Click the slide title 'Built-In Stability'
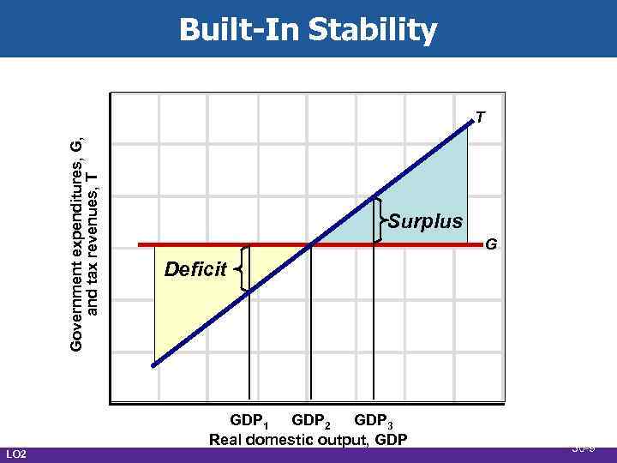(308, 30)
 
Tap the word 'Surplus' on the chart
(425, 221)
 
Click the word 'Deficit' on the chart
(195, 270)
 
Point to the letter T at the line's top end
(482, 117)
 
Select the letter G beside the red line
(491, 245)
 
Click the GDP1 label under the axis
(251, 423)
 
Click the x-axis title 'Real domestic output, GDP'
(308, 441)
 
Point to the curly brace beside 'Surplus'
(380, 221)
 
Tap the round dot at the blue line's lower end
(154, 365)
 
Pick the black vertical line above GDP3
(374, 326)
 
